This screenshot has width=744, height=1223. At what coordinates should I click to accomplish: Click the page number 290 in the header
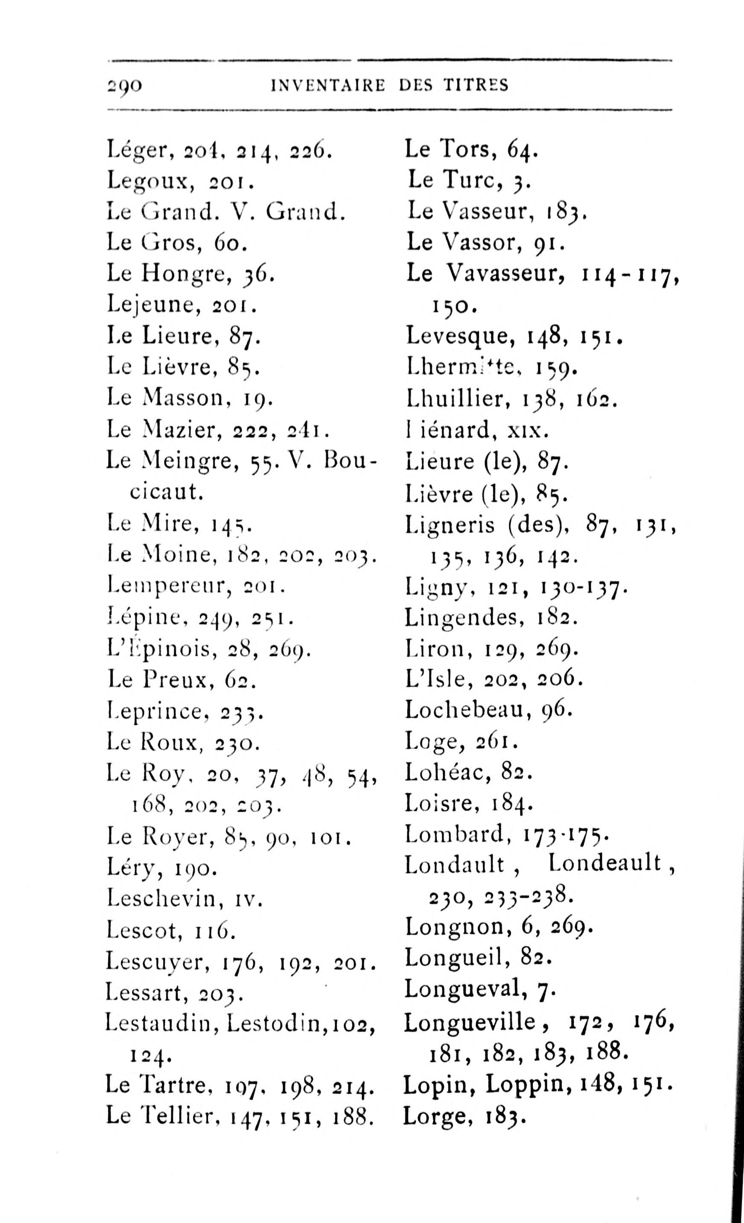point(125,86)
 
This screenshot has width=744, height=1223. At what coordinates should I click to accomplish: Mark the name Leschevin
point(164,898)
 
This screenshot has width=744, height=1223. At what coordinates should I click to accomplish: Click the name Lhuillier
point(457,399)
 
